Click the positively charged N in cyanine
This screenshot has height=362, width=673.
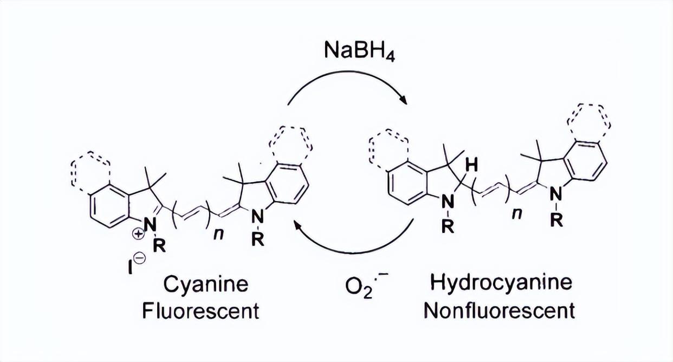click(x=151, y=224)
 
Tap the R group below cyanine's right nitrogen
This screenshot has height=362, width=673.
click(x=260, y=240)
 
